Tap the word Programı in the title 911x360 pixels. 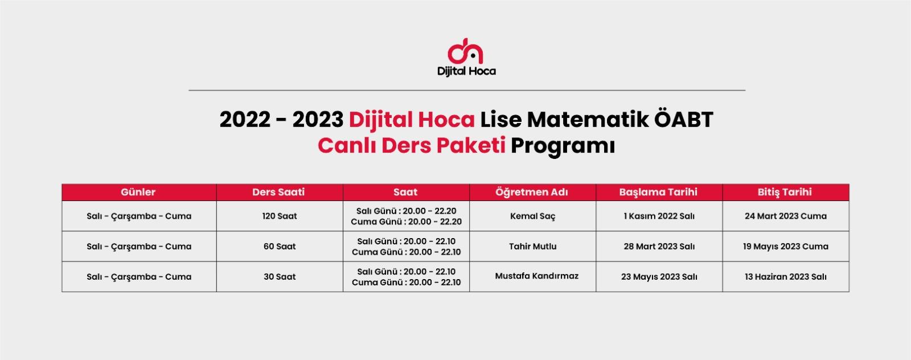click(x=563, y=146)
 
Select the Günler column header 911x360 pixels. click(x=138, y=192)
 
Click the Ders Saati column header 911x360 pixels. click(x=278, y=192)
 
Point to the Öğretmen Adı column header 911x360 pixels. click(x=532, y=192)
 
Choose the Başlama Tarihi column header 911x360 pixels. click(x=658, y=192)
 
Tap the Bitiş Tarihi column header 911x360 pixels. click(x=785, y=192)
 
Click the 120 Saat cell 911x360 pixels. click(x=280, y=216)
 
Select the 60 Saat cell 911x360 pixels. click(x=280, y=246)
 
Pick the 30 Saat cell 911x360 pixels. click(x=280, y=277)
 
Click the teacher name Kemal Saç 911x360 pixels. click(x=533, y=216)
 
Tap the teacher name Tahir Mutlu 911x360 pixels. click(x=533, y=246)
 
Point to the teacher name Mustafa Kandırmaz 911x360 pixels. click(x=536, y=276)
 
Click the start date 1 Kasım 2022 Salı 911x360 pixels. click(x=659, y=216)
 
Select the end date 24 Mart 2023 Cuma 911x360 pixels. click(x=786, y=216)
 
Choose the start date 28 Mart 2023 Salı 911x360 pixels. click(x=659, y=246)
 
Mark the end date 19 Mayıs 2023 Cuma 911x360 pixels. click(x=786, y=247)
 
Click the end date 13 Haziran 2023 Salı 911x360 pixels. click(x=786, y=277)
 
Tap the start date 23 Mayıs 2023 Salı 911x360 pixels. click(x=659, y=277)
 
